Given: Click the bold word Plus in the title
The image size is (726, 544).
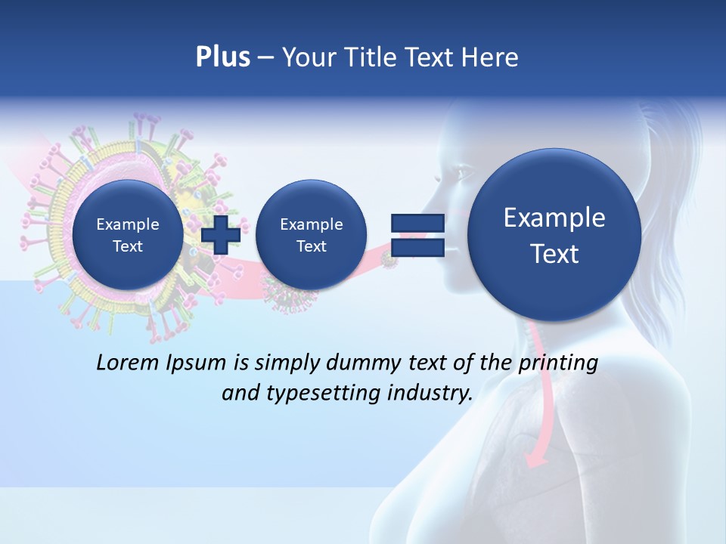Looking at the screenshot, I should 222,57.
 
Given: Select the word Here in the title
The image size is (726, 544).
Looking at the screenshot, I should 492,57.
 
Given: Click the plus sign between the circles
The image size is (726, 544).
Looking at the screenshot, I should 221,234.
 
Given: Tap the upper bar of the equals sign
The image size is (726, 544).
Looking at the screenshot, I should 417,223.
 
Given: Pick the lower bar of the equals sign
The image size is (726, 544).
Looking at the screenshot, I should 417,247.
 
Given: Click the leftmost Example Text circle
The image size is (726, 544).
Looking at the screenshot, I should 127,235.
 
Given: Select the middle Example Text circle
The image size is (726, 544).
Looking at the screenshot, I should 311,235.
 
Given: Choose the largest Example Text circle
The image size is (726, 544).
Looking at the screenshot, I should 554,235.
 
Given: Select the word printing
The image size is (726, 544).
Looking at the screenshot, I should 558,363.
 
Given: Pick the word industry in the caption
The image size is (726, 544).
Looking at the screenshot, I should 430,394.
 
